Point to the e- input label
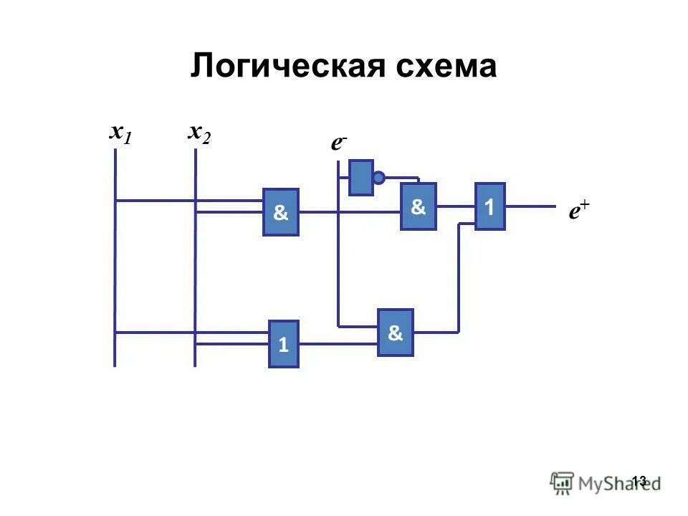[x=339, y=143]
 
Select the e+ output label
[x=579, y=211]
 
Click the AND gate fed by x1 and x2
[x=281, y=212]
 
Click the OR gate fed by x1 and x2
[x=283, y=344]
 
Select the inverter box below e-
[x=361, y=177]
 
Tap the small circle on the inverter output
[x=379, y=178]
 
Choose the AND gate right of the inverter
[x=419, y=206]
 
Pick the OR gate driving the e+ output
[x=489, y=206]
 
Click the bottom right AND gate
[x=396, y=333]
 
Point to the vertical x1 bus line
[x=115, y=272]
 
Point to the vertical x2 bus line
[x=196, y=272]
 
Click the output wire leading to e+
[x=530, y=206]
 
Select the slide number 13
[x=639, y=480]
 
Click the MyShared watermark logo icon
[x=562, y=483]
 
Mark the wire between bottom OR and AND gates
[x=338, y=344]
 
